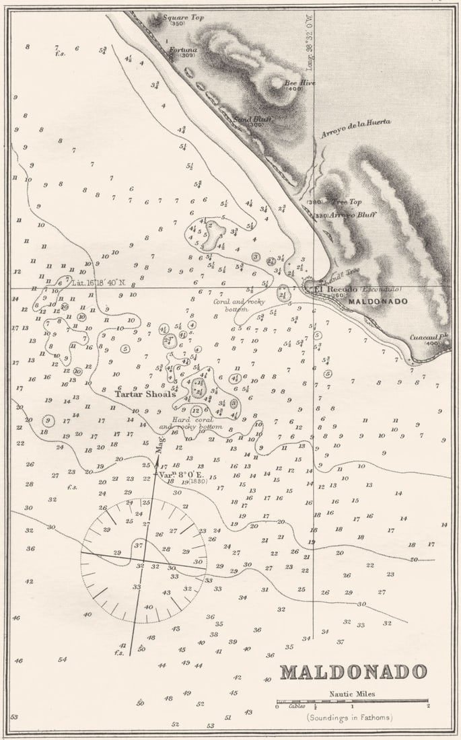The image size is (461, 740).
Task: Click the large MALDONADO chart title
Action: [353, 671]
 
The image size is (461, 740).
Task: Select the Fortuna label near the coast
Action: [183, 50]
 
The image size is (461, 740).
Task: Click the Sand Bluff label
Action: [248, 119]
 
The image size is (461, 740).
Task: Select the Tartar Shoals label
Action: [145, 394]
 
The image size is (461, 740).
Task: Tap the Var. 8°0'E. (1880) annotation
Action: [182, 474]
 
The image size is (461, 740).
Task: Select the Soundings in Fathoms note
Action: [350, 717]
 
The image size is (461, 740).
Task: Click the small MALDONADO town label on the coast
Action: [378, 301]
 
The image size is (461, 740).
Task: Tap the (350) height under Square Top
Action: [177, 24]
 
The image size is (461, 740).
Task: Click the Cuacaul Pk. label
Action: [425, 338]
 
